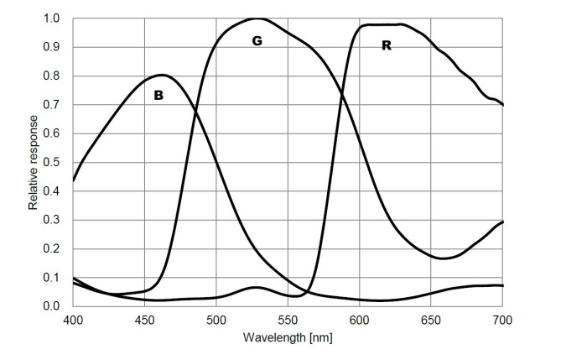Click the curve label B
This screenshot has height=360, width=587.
[158, 97]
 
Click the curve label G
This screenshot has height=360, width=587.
[257, 40]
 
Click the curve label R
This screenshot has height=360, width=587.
[387, 45]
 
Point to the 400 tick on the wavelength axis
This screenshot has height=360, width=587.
[73, 321]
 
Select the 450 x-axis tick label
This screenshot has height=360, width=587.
[144, 321]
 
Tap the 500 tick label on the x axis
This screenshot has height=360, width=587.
[216, 321]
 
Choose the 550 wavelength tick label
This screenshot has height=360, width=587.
[288, 321]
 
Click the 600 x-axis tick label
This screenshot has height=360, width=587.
[359, 321]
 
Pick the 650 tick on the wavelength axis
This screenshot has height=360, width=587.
[431, 321]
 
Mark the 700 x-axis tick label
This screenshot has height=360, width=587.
[502, 321]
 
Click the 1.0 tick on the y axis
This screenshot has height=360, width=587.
[51, 18]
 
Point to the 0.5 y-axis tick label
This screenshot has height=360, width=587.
[51, 163]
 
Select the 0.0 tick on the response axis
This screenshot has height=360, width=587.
[51, 306]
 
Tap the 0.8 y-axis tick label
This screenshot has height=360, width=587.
[51, 76]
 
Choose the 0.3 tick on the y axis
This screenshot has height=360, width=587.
[51, 220]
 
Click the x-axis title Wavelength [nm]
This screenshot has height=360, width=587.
[288, 337]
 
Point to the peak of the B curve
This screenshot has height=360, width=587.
[162, 75]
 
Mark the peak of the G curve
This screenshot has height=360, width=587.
[257, 18]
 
